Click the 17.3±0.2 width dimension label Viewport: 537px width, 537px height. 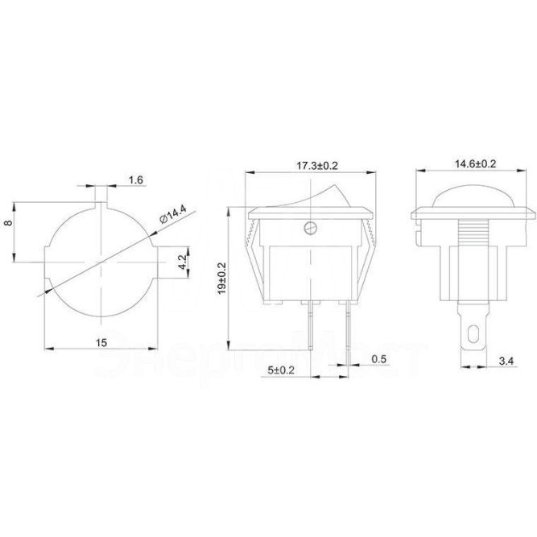(312, 164)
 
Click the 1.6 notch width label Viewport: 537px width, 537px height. (136, 181)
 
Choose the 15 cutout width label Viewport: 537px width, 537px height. (102, 341)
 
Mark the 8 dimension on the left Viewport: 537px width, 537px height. (10, 228)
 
